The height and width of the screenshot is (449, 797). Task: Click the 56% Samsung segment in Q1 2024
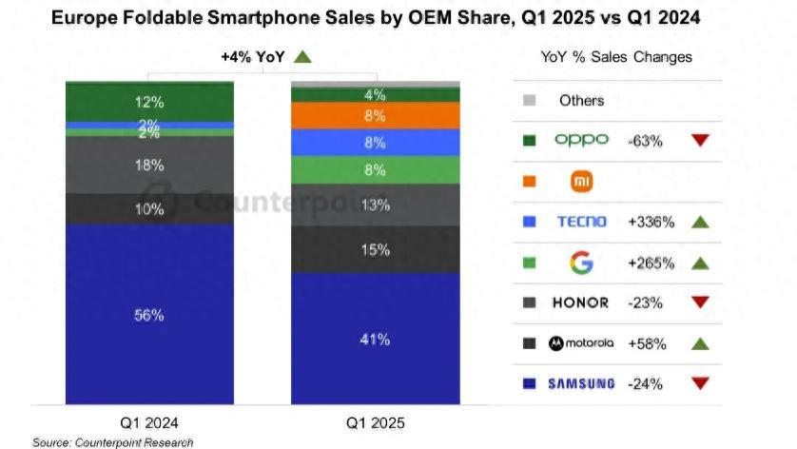148,315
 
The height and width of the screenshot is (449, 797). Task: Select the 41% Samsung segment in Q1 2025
375,339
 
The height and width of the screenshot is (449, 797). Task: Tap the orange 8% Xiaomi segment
375,116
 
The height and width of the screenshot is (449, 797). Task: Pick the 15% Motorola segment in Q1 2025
375,249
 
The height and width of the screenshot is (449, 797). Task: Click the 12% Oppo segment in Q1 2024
148,102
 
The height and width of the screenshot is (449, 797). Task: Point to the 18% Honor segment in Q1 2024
148,166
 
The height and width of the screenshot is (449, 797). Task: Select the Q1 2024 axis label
149,422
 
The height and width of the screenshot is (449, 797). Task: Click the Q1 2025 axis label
376,422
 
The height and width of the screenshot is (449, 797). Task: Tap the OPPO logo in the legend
580,140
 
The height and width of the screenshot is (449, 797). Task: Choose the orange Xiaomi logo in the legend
580,181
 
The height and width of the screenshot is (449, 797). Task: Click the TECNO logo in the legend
581,222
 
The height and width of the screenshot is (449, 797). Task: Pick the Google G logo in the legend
580,262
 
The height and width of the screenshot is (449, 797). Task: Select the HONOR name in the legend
580,303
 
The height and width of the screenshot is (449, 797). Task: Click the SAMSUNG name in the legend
580,384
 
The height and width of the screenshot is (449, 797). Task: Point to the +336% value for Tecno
651,222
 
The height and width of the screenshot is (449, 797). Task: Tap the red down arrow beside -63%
700,140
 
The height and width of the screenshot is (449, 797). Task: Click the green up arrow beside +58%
700,343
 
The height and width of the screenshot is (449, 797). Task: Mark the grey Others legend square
530,100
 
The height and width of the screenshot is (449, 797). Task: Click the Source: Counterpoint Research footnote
112,442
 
